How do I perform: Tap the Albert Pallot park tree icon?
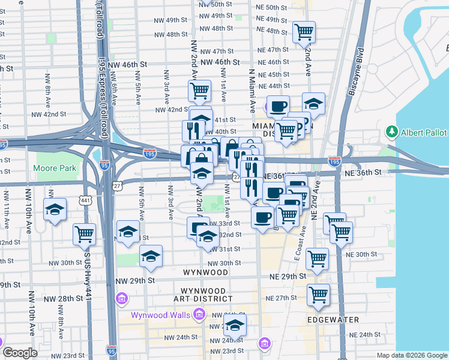[x=393, y=131]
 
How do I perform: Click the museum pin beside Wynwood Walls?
[x=199, y=314]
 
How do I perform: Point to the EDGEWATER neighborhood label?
[x=333, y=320]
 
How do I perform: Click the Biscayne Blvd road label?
[x=356, y=72]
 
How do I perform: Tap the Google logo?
[x=20, y=353]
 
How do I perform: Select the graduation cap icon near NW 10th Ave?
[x=55, y=209]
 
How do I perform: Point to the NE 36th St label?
[x=362, y=172]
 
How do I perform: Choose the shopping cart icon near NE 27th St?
[x=318, y=295]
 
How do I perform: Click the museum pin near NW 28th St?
[x=122, y=298]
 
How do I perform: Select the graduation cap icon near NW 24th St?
[x=236, y=325]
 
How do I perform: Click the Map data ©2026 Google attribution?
[x=412, y=355]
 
